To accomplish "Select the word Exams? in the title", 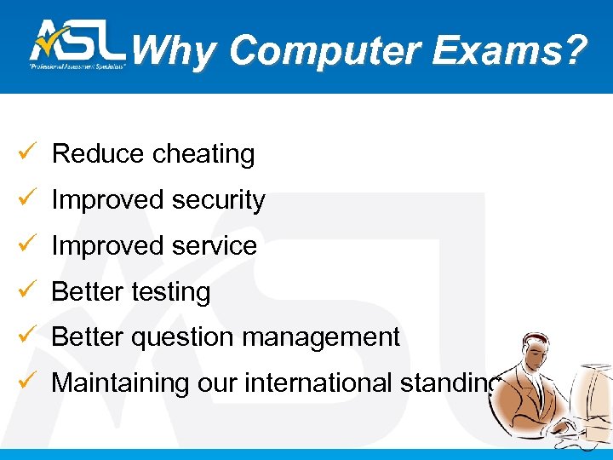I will click(509, 51).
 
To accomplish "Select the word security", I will click(219, 200).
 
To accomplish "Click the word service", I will click(215, 246).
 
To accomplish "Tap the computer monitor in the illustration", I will click(594, 400).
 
